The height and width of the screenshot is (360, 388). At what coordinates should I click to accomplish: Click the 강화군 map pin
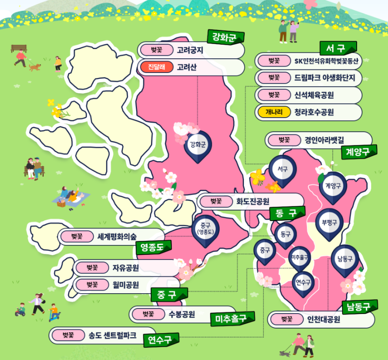[198, 145]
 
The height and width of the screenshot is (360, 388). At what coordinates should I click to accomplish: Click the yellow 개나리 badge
[271, 112]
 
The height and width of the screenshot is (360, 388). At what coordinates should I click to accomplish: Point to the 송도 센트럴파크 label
[111, 335]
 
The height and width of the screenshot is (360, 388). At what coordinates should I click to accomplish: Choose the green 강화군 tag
[225, 36]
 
